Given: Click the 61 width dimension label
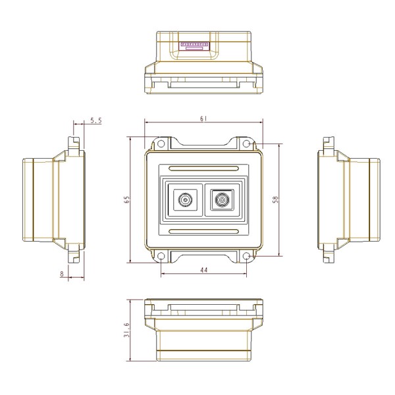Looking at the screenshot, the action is point(203,118).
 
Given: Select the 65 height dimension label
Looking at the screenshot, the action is point(127,199).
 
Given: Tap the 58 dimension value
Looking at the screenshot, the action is point(276,199).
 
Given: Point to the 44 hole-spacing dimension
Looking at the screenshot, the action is point(204,270).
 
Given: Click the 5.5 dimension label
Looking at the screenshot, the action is point(96,120).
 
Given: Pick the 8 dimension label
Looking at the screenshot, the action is point(62,274).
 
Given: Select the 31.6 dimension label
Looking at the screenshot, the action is point(127,330).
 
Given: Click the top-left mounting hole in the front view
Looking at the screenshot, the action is point(161,144).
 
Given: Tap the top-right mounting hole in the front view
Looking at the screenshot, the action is point(246,144).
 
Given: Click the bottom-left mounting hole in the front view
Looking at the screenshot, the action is point(161,256).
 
